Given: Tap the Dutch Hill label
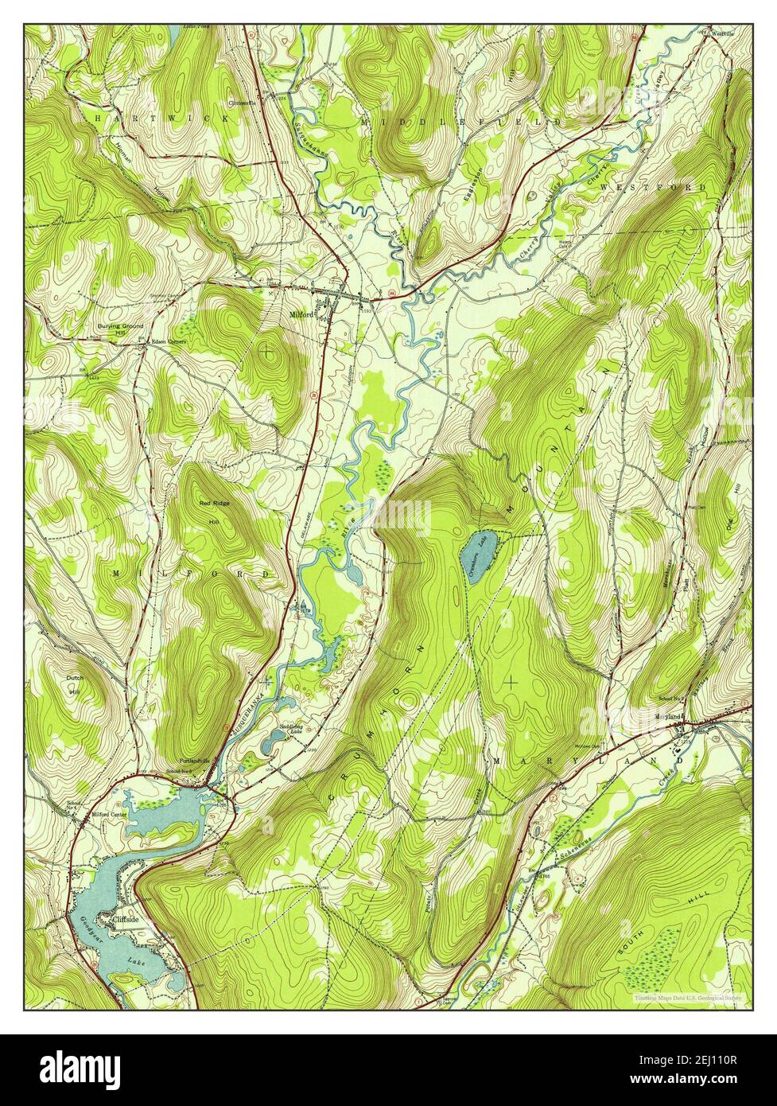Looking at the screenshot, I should (x=74, y=685).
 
